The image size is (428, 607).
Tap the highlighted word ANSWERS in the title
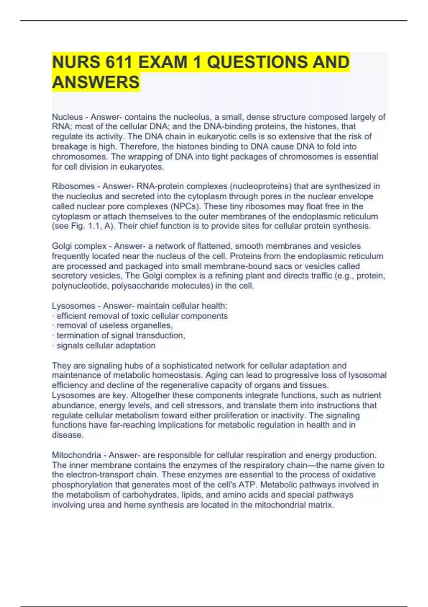[96, 82]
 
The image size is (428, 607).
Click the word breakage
[69, 146]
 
